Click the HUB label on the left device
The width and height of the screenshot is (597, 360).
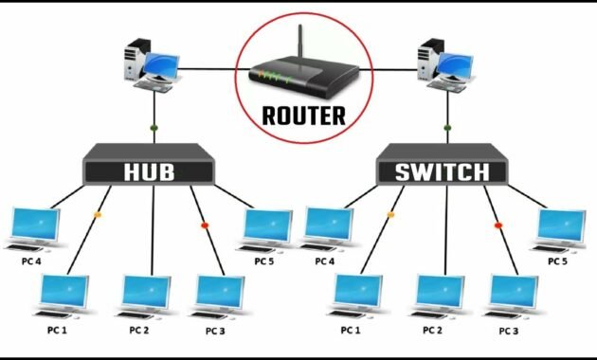[150, 172]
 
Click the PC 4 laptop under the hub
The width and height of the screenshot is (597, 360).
[33, 228]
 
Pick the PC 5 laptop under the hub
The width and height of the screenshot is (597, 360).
[266, 228]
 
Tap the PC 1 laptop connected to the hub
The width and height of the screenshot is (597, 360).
[63, 295]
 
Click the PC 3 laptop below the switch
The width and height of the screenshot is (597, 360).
[512, 295]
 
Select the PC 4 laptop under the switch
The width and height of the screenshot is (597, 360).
[327, 228]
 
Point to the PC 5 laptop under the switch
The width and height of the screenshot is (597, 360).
[560, 228]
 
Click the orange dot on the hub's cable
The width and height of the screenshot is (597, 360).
[97, 215]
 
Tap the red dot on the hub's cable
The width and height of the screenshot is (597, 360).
[204, 225]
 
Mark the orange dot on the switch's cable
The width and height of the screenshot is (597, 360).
[390, 215]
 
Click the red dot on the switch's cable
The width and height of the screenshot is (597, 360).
[497, 225]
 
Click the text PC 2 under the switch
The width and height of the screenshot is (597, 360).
[433, 331]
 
